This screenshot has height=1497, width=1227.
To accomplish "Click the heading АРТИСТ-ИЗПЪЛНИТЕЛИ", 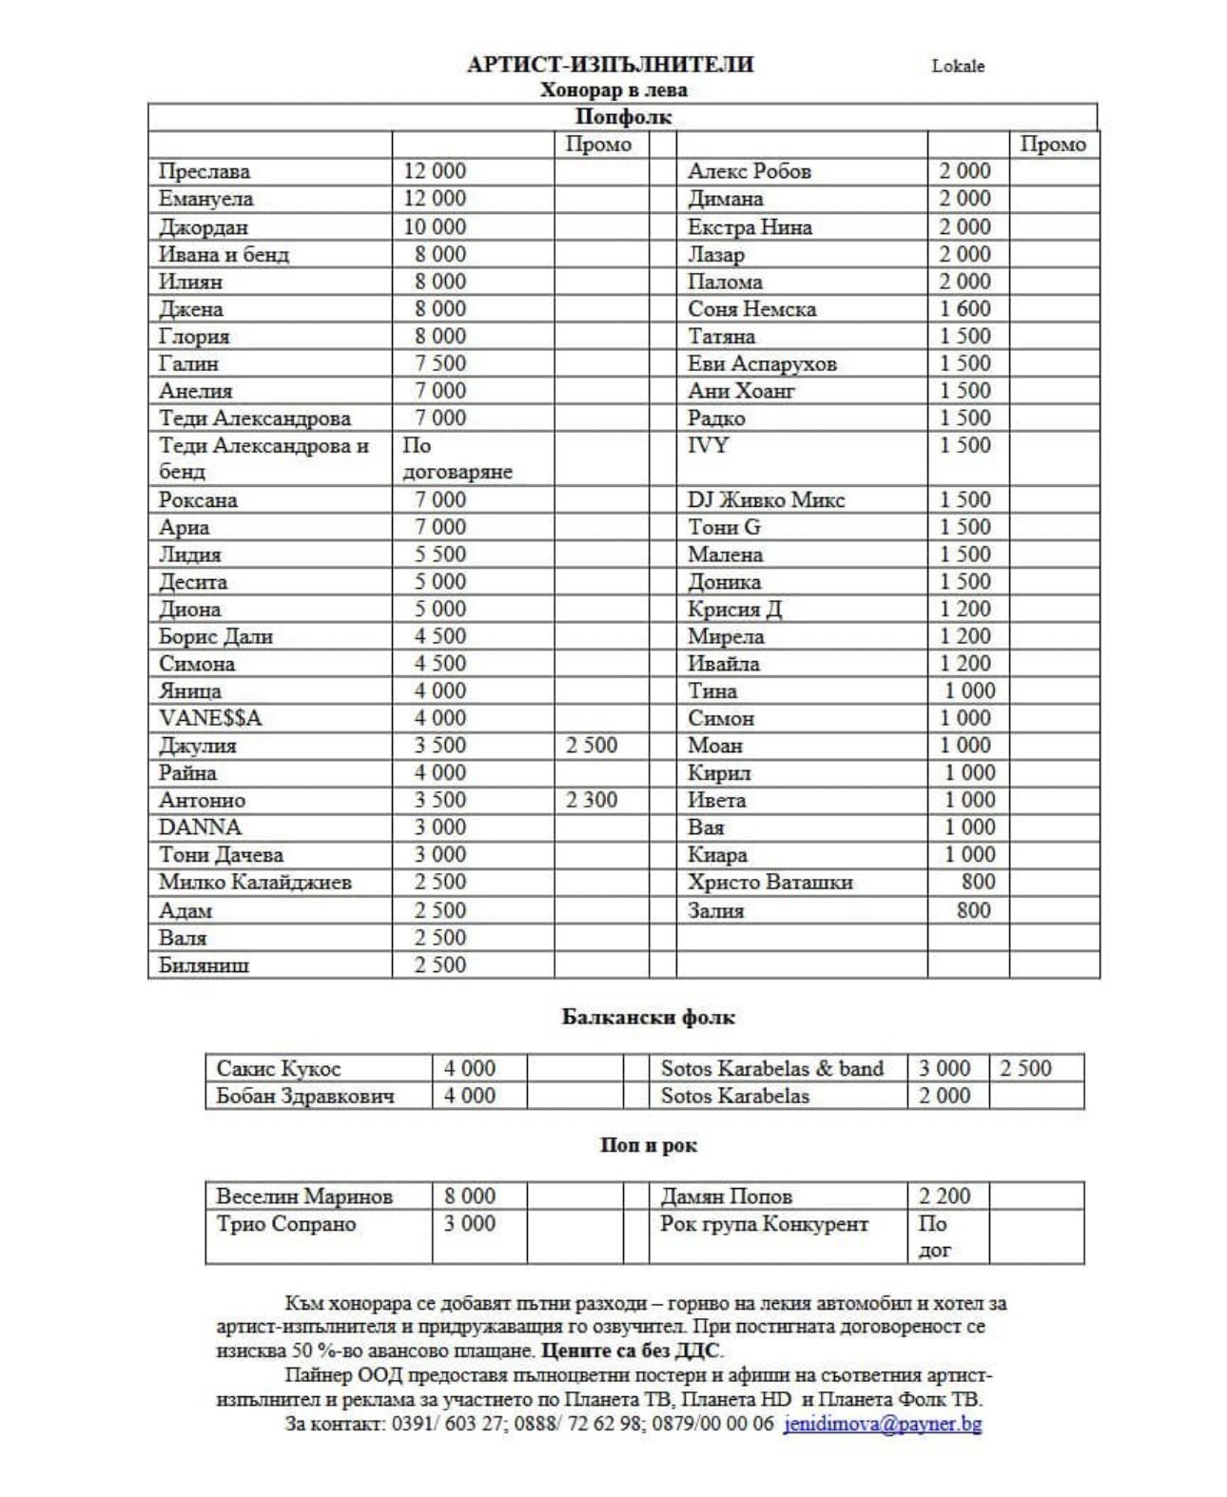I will [x=610, y=65].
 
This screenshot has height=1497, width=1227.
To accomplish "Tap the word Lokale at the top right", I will [x=957, y=66].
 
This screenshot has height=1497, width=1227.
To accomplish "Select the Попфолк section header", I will [x=623, y=117].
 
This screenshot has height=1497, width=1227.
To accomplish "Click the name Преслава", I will [x=204, y=171].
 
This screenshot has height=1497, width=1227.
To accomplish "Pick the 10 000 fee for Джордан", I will [x=435, y=226].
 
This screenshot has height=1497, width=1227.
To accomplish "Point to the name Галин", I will [x=188, y=363].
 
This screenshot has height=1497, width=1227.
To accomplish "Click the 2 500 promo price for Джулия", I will [x=591, y=745].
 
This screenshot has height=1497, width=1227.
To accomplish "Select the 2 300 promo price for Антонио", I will [x=591, y=800].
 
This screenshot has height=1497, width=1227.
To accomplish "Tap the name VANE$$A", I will [x=210, y=718].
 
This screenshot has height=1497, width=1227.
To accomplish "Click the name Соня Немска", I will [x=751, y=309].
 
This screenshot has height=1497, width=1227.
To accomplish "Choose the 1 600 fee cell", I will [x=964, y=309].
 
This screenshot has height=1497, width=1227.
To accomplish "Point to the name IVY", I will [x=708, y=445].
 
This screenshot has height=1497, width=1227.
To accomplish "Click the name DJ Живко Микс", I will [x=766, y=500].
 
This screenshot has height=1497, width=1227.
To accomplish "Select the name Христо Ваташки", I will [x=769, y=883].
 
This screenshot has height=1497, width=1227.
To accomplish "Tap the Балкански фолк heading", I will [x=648, y=1017].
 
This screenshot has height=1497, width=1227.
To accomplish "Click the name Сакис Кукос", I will [x=278, y=1068].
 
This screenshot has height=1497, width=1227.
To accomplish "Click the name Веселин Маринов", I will [x=304, y=1196].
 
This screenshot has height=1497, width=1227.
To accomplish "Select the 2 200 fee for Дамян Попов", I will [x=944, y=1196].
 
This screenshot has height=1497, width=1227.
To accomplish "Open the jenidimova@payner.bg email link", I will [x=882, y=1424].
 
